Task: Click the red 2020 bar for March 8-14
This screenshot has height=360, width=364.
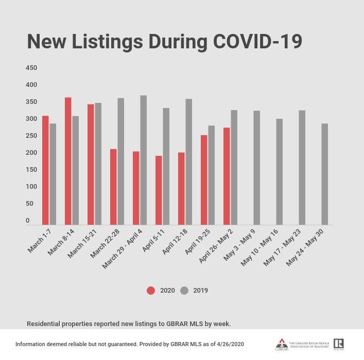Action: point(68,161)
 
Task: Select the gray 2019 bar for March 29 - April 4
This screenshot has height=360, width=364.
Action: point(143,160)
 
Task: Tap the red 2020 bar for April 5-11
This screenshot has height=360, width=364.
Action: point(159,190)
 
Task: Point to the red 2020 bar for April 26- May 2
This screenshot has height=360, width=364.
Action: point(227,176)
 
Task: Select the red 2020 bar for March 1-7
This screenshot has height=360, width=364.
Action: point(45,170)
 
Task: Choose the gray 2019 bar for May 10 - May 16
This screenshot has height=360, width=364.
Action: point(279,172)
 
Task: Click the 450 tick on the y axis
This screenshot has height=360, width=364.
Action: point(31,68)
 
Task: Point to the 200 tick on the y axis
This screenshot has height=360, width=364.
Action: point(31,153)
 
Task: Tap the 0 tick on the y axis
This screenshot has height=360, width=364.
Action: point(28,221)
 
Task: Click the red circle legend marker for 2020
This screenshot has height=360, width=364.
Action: point(151,291)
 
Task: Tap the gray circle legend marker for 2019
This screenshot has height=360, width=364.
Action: point(184,291)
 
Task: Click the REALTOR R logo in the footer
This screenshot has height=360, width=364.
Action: point(338,344)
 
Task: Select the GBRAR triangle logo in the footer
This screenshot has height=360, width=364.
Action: point(281,344)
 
